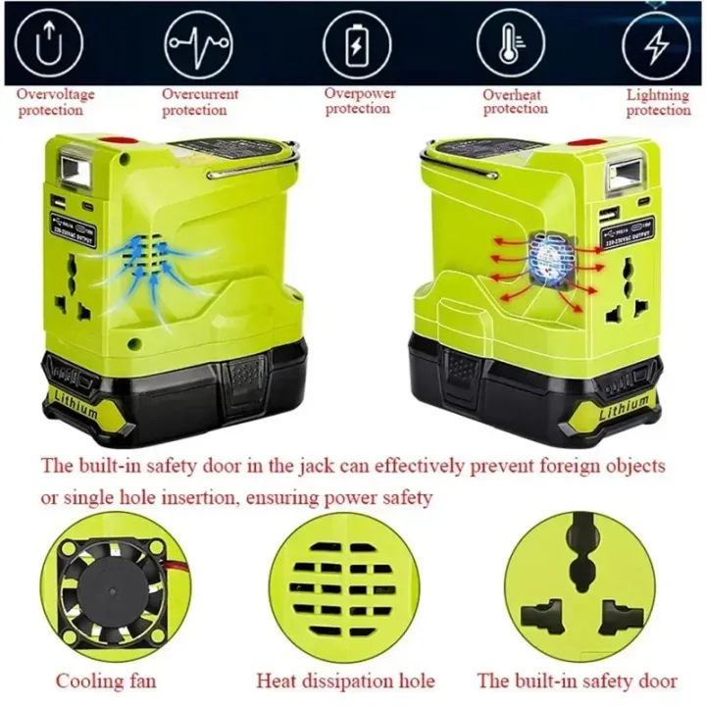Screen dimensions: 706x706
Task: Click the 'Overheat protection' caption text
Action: (x=515, y=102)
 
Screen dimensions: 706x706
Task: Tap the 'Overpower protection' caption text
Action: (x=358, y=101)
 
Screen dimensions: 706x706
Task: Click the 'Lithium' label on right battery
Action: (x=624, y=403)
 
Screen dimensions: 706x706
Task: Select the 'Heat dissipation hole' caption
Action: (x=345, y=680)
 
